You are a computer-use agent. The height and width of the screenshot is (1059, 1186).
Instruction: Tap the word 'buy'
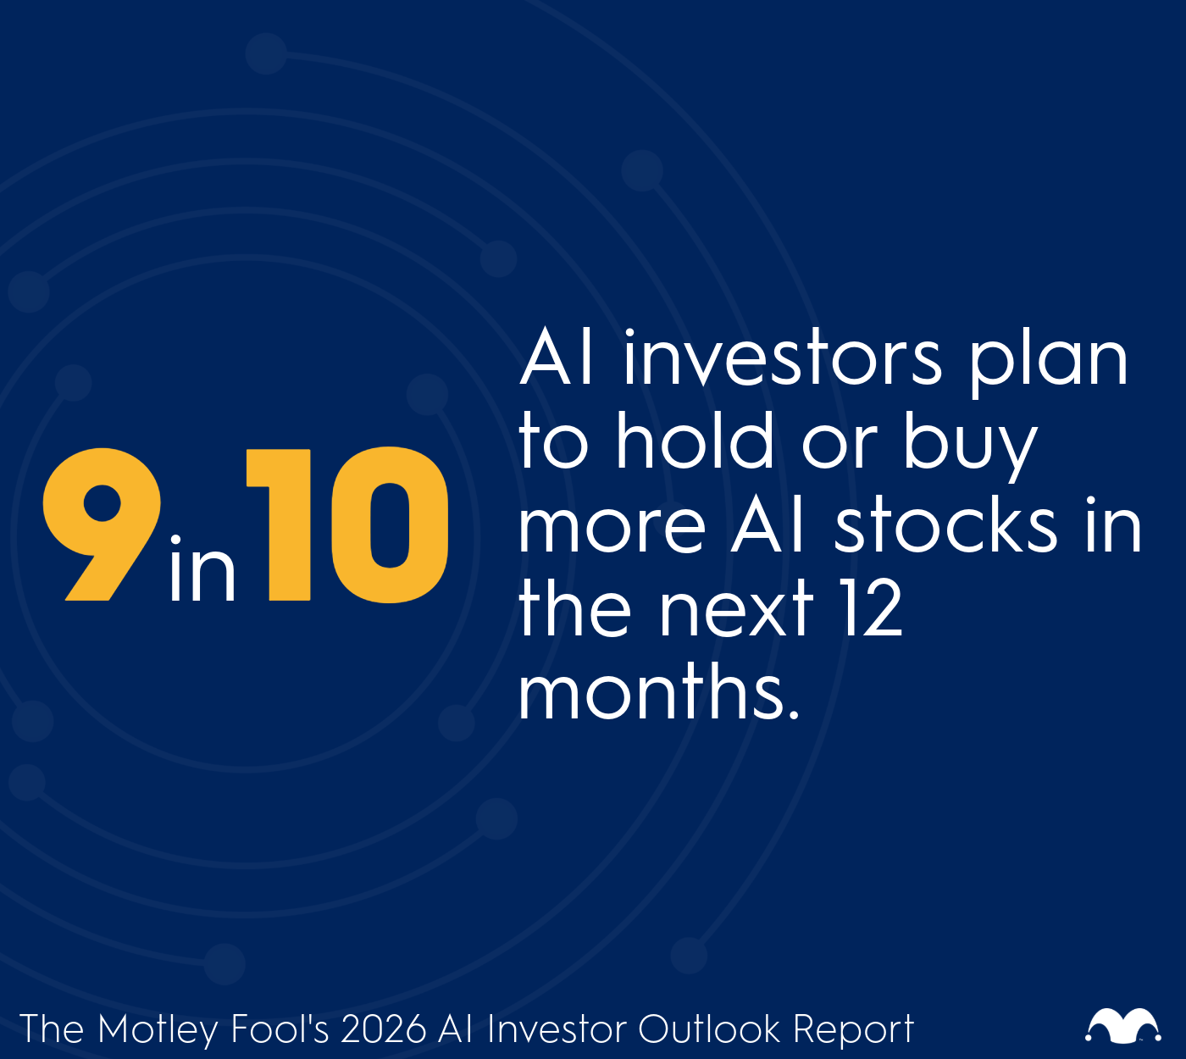point(970,445)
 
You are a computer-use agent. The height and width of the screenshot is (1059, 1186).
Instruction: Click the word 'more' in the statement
point(612,527)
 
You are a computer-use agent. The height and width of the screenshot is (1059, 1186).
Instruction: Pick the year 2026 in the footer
point(383,1029)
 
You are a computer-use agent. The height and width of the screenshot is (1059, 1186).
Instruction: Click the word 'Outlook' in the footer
point(709,1029)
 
